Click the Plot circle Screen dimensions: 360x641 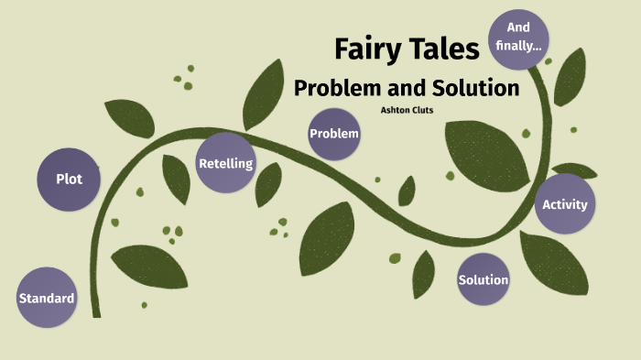(x=69, y=179)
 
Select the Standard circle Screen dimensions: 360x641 (x=46, y=298)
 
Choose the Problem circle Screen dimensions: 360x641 (x=334, y=134)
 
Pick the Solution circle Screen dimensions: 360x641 (x=483, y=279)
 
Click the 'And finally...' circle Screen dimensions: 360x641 (x=518, y=38)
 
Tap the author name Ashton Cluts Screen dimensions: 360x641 (x=407, y=110)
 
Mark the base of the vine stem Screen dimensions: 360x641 (x=96, y=312)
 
